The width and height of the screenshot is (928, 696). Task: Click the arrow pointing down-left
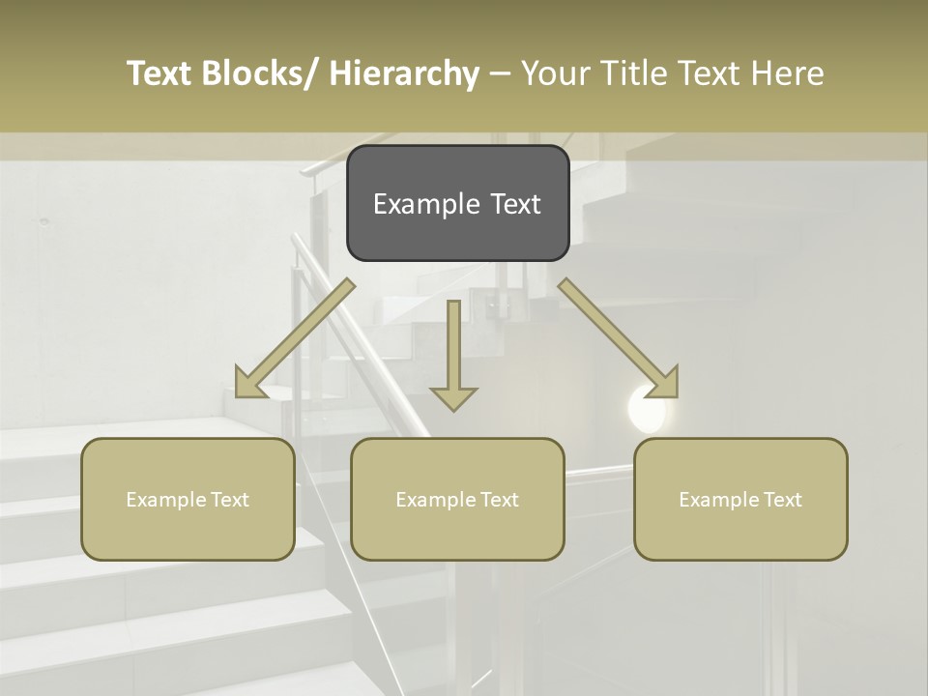click(295, 338)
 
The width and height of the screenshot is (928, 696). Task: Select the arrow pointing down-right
click(619, 338)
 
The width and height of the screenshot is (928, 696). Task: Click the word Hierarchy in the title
click(404, 73)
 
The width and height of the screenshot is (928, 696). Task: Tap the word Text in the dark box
click(514, 204)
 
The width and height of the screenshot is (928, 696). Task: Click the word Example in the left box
click(167, 500)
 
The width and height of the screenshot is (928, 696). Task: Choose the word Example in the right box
click(720, 500)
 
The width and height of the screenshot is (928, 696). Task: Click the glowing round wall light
click(646, 408)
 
